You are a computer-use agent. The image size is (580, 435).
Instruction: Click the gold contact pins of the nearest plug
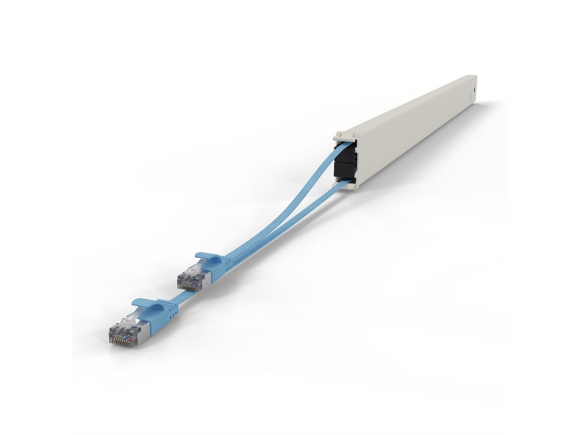pos(119,340)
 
